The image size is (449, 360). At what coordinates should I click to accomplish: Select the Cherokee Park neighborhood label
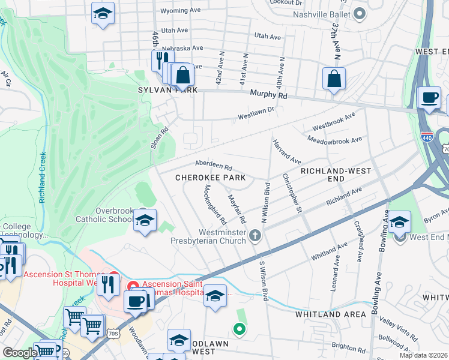click(x=210, y=178)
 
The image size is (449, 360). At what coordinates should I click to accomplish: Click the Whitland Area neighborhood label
click(x=330, y=314)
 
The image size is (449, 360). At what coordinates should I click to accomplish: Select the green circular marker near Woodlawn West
click(x=239, y=328)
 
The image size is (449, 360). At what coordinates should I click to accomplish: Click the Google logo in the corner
click(x=19, y=353)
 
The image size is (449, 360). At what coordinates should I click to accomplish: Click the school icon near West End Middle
click(x=399, y=223)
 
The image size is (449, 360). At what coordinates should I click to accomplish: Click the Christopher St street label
click(x=291, y=193)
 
